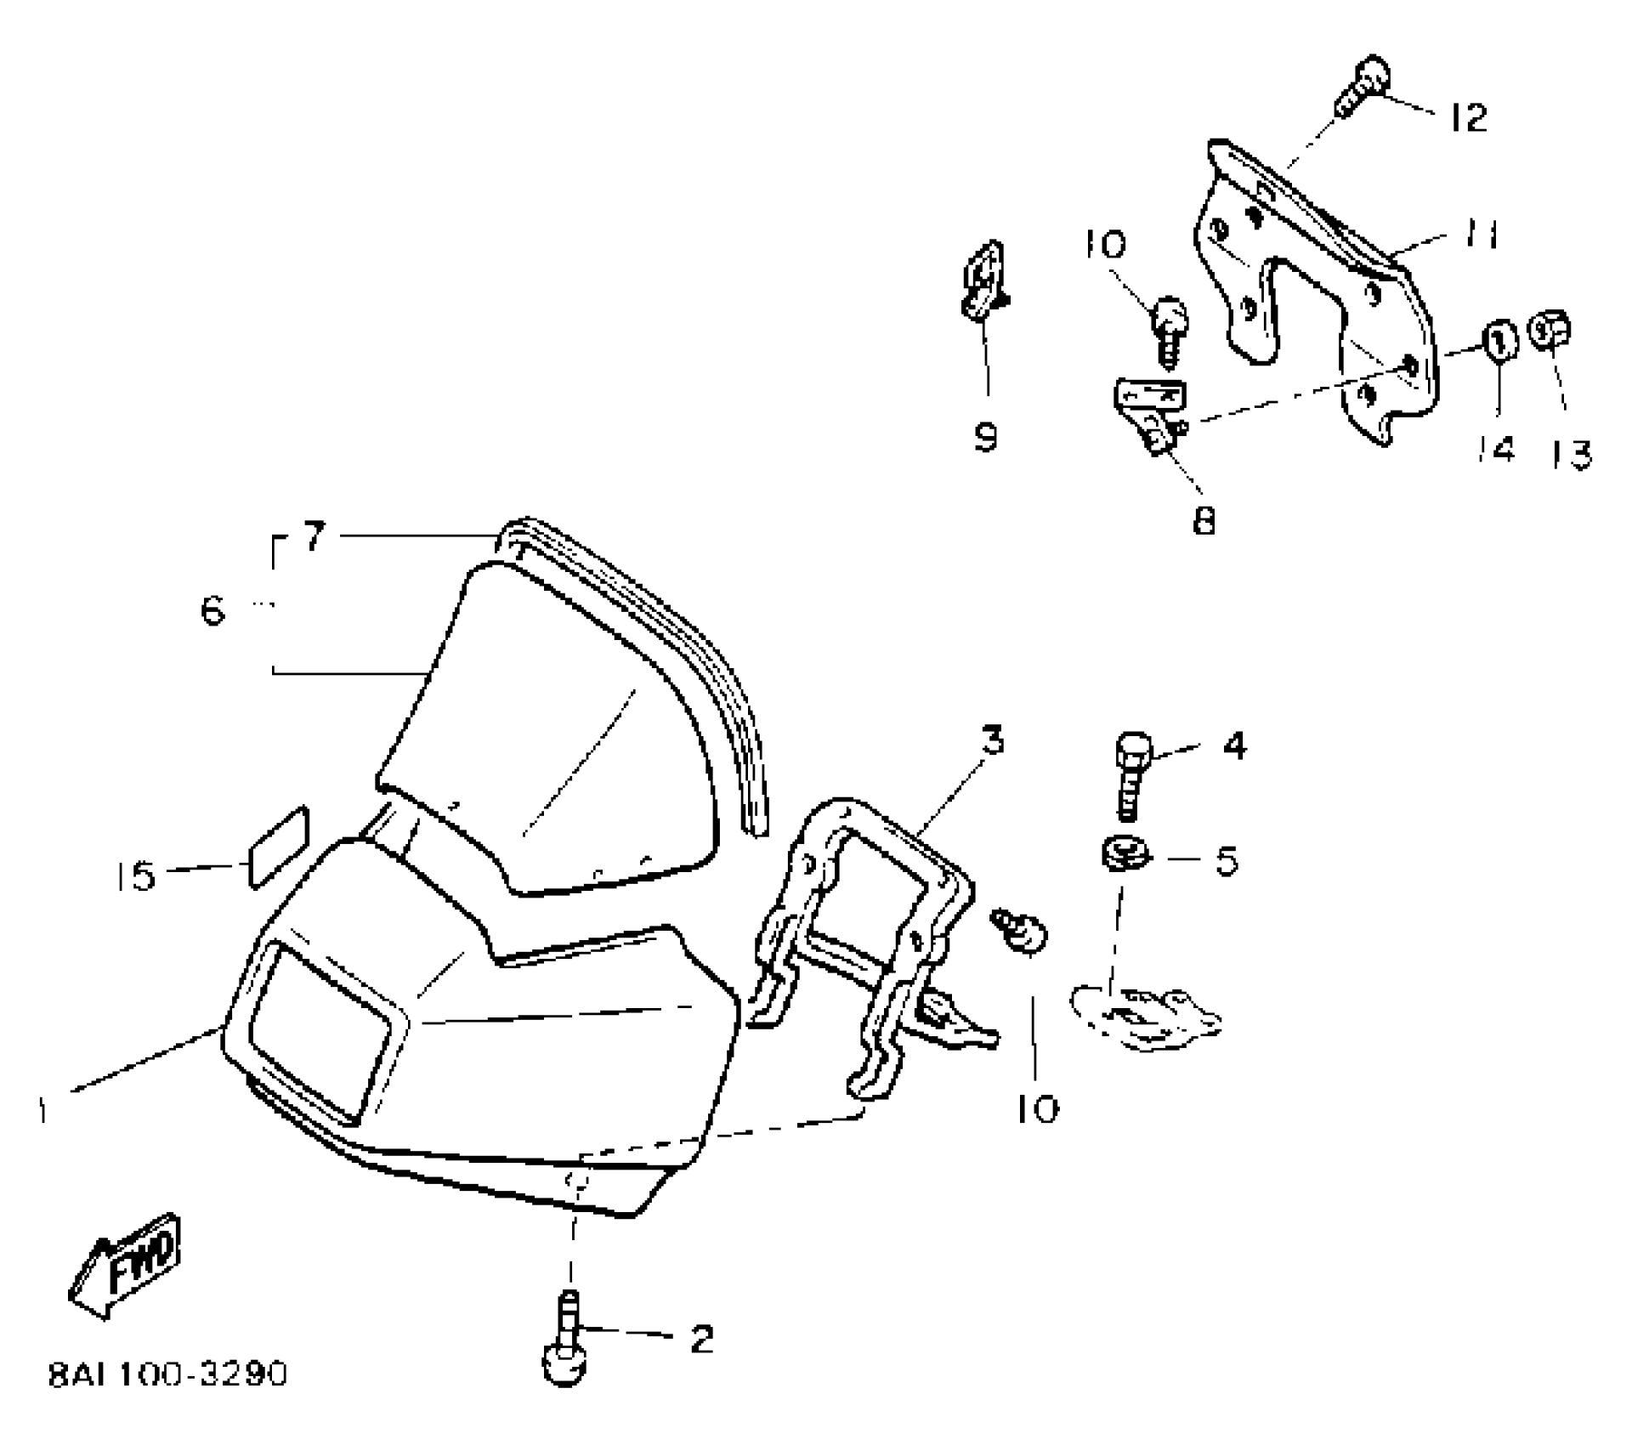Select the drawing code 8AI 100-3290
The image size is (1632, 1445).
168,1374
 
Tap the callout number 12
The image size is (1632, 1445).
1468,117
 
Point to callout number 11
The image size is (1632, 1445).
1480,235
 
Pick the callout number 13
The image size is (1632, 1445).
1570,455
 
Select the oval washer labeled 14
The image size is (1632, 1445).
1500,342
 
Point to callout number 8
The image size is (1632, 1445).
1204,519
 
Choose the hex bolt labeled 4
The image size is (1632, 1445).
1130,773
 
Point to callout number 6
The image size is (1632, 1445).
213,610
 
